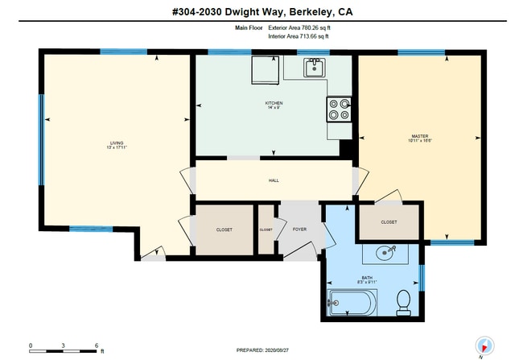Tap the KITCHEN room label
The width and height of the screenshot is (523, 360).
pos(274,103)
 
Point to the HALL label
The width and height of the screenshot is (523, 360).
pos(273,180)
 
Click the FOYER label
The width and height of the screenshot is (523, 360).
pos(299,230)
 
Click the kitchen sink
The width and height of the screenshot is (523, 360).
pos(315,68)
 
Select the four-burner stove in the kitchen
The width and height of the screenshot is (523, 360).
pos(338,108)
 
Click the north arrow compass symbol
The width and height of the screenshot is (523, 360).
pos(484,345)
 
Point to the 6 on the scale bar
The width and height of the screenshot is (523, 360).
pos(97,345)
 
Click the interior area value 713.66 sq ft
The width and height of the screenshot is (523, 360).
pos(296,36)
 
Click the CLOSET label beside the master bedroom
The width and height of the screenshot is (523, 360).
pos(389,221)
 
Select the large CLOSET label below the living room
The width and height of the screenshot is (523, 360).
pos(224,230)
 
